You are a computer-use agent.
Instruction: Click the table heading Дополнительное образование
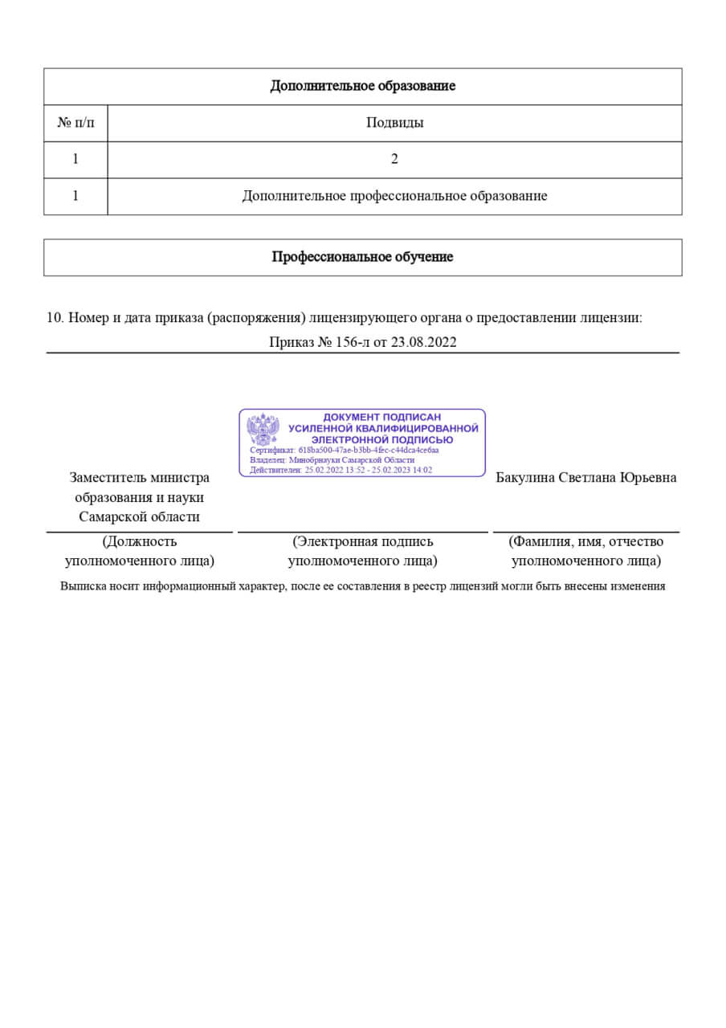point(362,86)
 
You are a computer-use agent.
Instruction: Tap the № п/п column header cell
point(75,123)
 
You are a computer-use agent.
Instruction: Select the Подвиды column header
point(394,123)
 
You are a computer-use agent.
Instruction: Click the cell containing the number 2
point(394,159)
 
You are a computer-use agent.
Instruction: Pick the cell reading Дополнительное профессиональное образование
point(394,196)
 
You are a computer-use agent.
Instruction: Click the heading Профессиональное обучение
point(362,257)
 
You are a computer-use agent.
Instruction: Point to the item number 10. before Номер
point(55,317)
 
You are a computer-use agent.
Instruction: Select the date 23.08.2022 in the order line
point(423,342)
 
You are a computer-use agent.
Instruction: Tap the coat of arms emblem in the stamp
point(263,430)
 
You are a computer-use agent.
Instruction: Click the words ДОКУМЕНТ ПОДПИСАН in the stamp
point(382,418)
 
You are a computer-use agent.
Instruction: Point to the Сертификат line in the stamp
point(345,451)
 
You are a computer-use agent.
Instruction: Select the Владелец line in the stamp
point(332,460)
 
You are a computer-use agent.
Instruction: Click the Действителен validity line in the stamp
point(341,470)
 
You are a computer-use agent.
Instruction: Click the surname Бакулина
point(524,478)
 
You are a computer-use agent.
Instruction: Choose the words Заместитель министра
point(140,478)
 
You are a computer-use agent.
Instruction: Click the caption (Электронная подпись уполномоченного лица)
point(362,551)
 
